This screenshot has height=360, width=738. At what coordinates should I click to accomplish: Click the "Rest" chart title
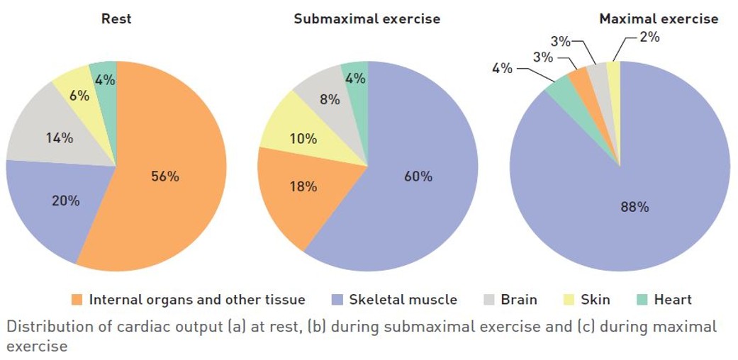(116, 19)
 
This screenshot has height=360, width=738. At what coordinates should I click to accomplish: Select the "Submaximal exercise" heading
(367, 19)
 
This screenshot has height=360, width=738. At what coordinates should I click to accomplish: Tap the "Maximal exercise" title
(659, 19)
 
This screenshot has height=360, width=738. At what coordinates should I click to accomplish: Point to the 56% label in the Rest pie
(165, 176)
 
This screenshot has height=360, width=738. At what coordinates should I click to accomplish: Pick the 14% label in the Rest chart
(59, 138)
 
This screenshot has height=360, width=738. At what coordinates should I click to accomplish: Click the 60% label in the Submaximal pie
(418, 176)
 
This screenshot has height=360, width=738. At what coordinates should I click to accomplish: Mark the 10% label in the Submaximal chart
(303, 139)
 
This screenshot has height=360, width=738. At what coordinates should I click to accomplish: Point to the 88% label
(634, 207)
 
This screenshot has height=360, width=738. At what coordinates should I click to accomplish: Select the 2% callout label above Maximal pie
(649, 37)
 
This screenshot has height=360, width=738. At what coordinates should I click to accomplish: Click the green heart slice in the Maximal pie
(559, 88)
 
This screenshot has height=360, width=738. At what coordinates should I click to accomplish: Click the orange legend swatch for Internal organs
(77, 300)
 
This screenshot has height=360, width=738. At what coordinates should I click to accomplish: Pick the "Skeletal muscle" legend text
(403, 300)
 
